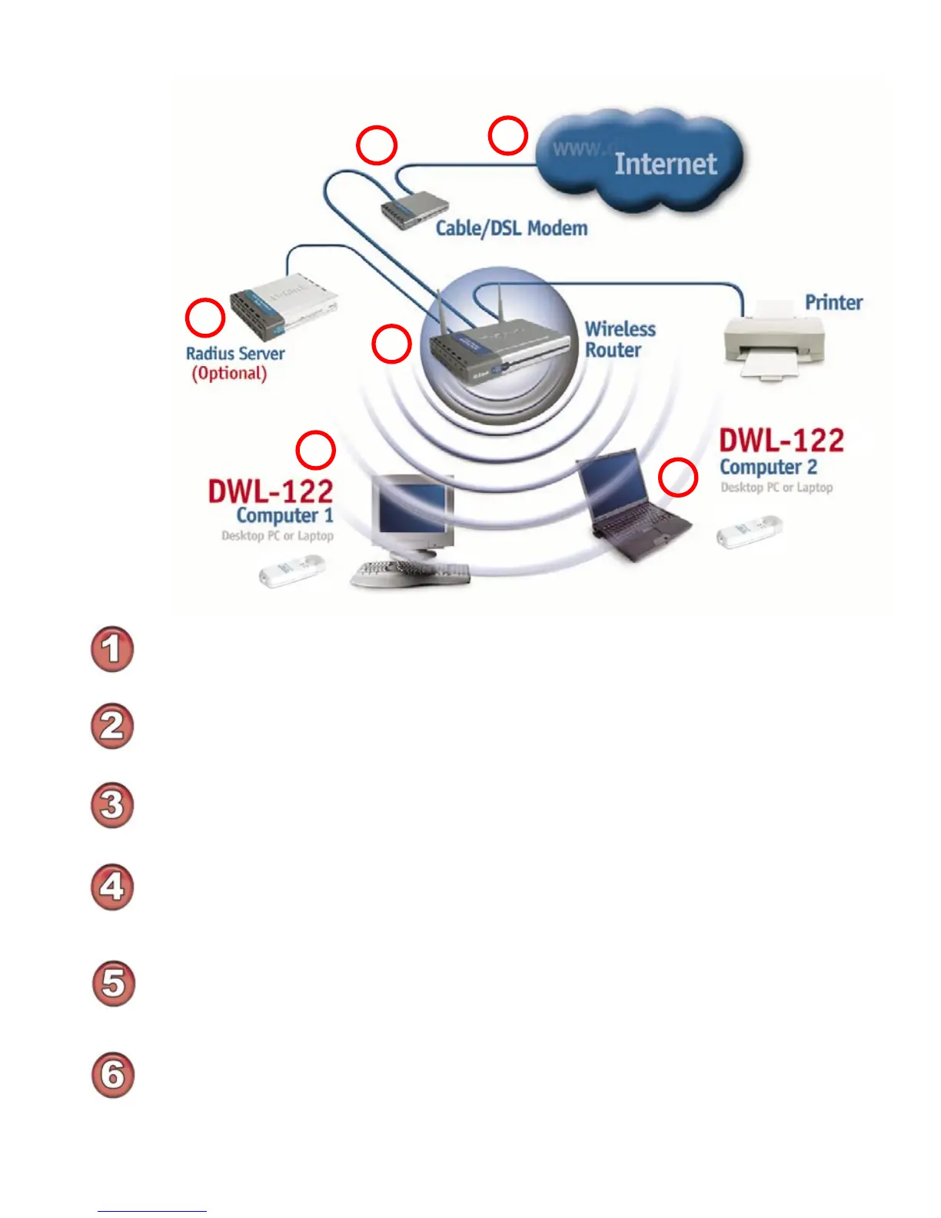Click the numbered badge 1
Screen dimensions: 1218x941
pos(112,649)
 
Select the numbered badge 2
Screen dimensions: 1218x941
pos(112,726)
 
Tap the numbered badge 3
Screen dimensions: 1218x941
pos(112,805)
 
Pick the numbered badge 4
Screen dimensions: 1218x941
pos(112,887)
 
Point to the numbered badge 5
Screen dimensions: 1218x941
pos(113,983)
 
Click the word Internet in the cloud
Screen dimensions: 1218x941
pos(665,164)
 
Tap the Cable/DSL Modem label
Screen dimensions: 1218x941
pos(511,228)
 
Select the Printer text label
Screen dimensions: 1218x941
pos(833,302)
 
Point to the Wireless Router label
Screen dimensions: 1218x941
pos(620,339)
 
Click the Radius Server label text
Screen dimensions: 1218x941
pos(235,354)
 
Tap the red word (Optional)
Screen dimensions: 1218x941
pos(229,374)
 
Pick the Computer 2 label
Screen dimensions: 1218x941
pos(768,468)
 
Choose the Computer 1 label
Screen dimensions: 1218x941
pos(284,515)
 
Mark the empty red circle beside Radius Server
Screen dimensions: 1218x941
pos(205,318)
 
